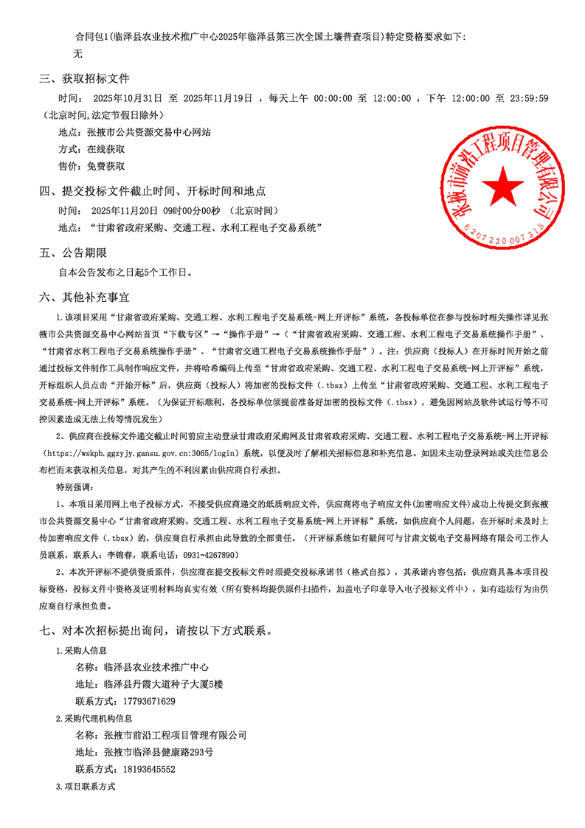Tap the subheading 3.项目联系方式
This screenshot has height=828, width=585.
[86, 787]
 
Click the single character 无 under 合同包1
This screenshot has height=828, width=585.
[78, 53]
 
